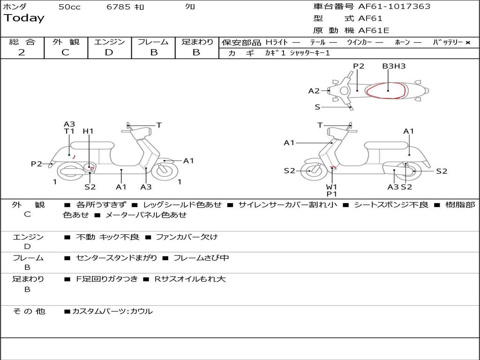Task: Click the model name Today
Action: (x=24, y=18)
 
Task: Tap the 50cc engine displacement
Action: (x=69, y=7)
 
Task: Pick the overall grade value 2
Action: (x=22, y=52)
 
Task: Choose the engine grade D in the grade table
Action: (x=109, y=52)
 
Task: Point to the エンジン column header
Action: (x=109, y=42)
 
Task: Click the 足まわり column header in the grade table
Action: (x=197, y=42)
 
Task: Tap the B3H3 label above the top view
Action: (x=394, y=66)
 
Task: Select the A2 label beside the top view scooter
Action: (x=314, y=91)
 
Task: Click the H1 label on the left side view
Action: (x=88, y=131)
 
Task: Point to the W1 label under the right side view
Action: (x=332, y=187)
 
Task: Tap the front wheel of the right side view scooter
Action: (x=310, y=171)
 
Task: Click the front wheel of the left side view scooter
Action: (x=164, y=171)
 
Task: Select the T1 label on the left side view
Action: (x=69, y=131)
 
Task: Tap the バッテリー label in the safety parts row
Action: (x=448, y=42)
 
